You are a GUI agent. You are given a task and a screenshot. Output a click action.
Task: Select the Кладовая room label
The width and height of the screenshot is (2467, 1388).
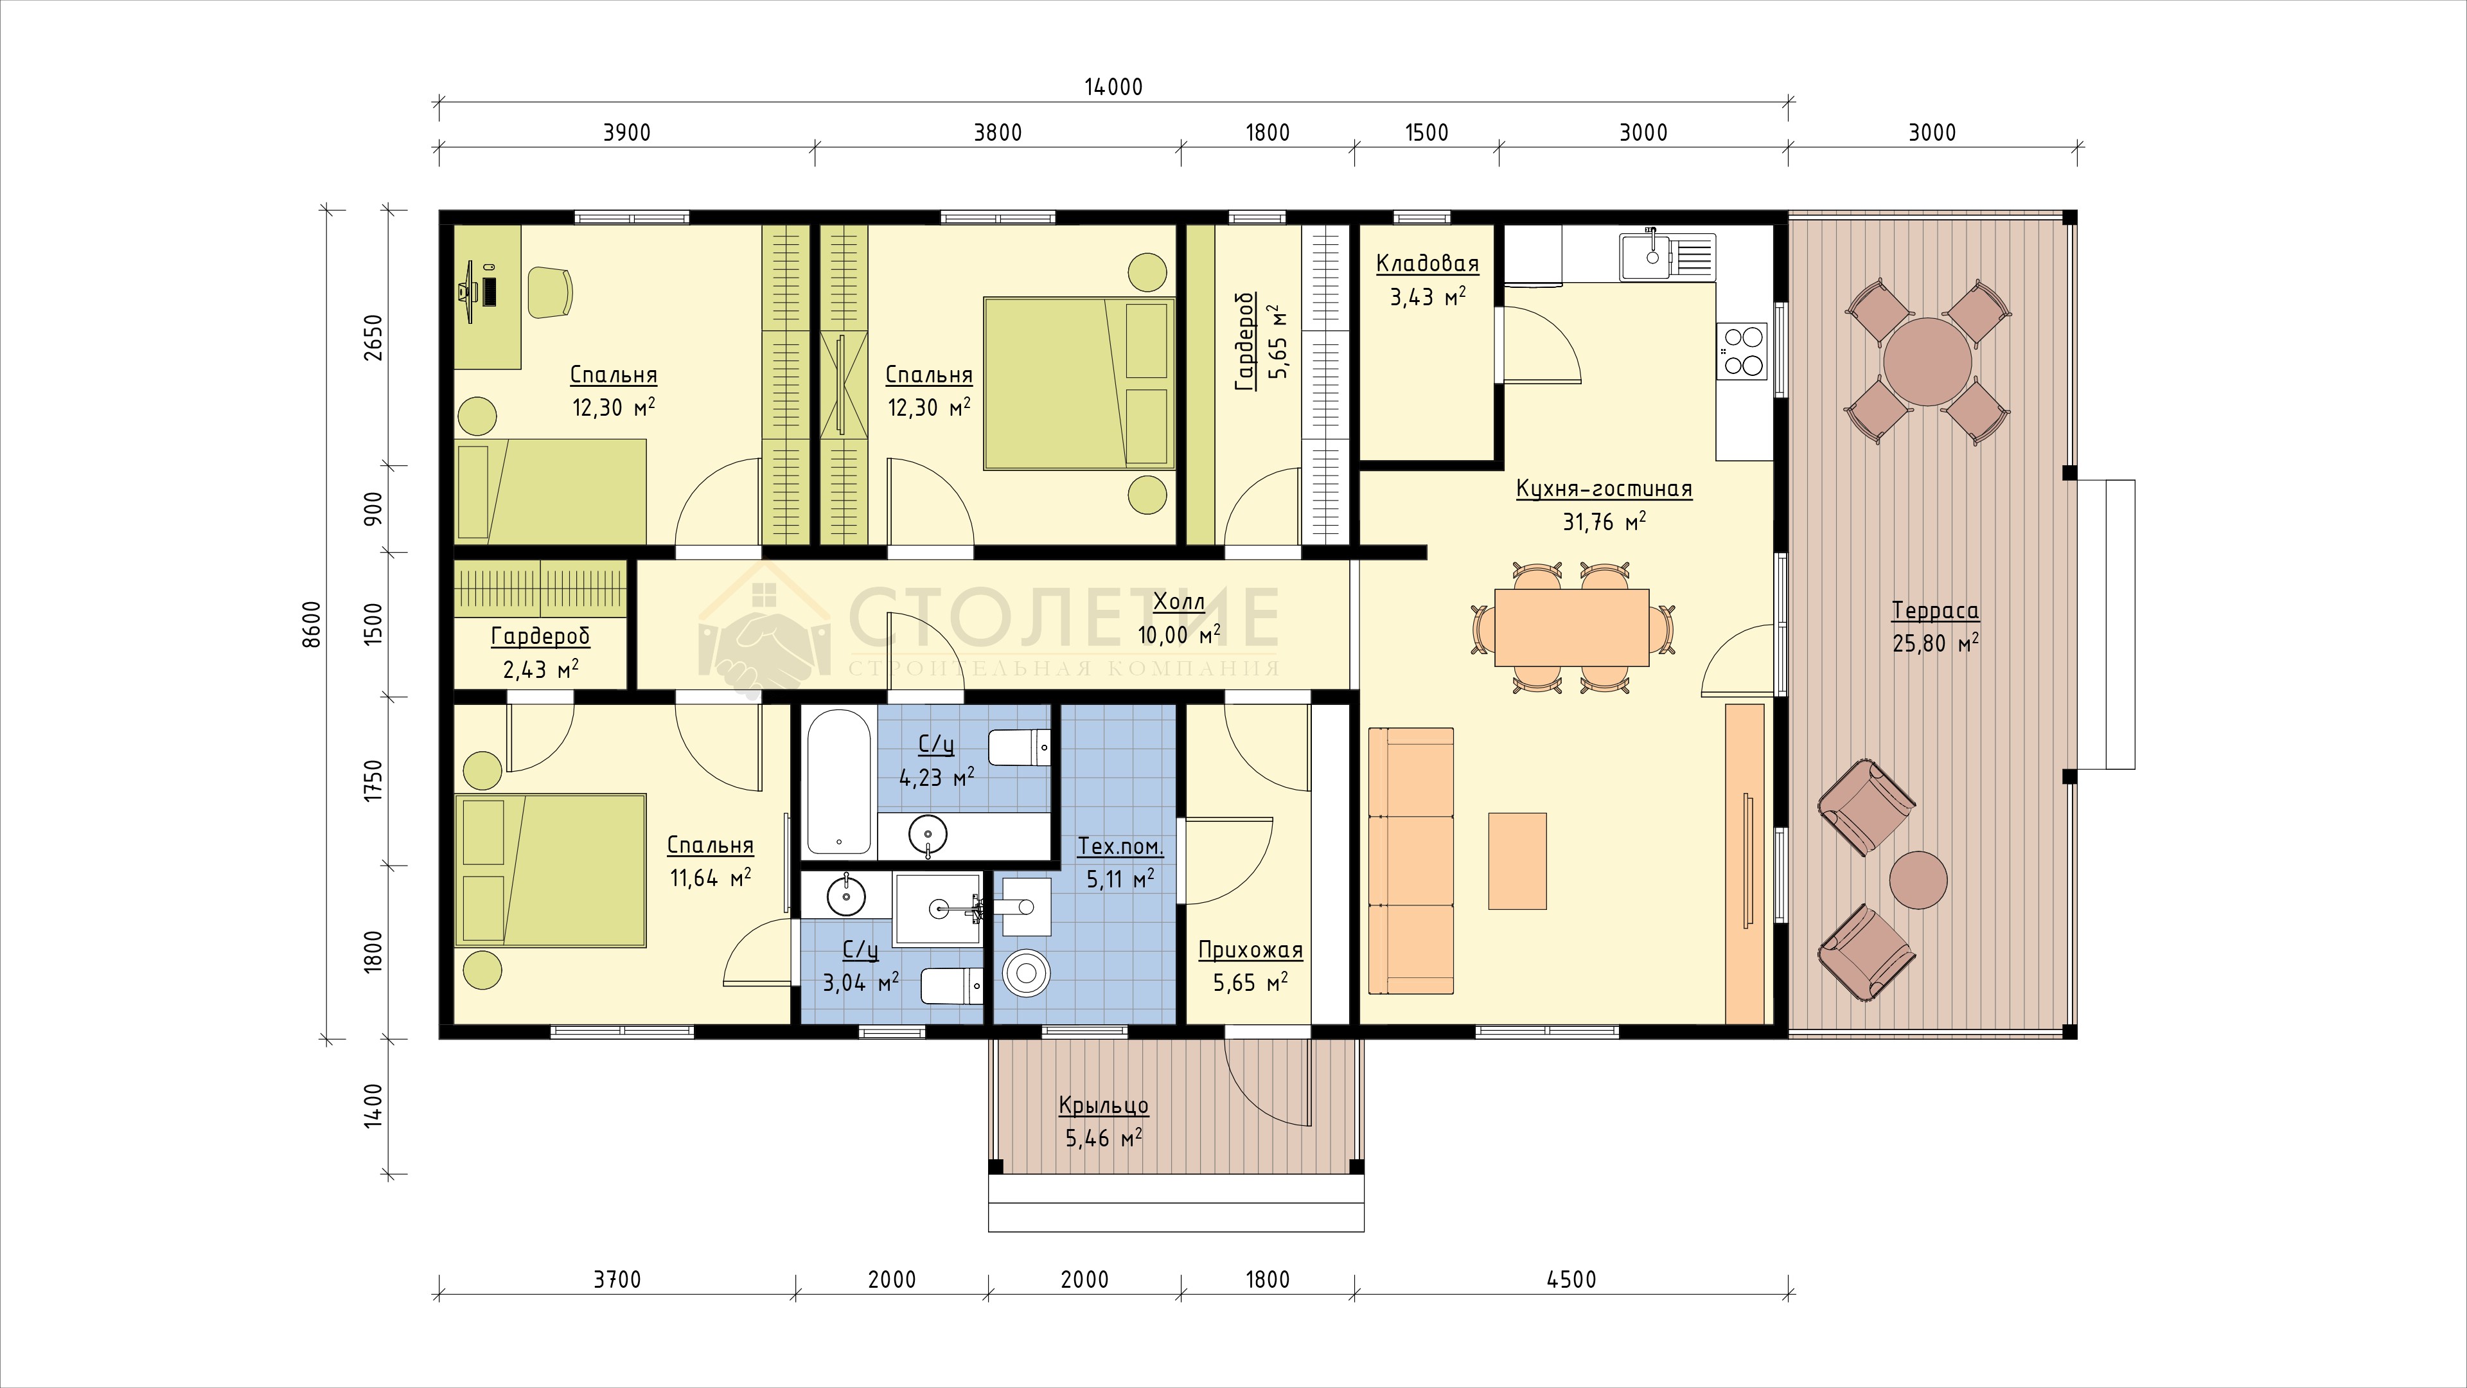(1427, 263)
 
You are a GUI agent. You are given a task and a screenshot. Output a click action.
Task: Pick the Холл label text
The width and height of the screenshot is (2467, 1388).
(1179, 601)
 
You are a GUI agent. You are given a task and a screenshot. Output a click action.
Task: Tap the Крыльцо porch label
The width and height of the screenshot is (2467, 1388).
(1103, 1105)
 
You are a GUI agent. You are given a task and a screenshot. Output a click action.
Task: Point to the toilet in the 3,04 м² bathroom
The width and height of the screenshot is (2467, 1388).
(952, 986)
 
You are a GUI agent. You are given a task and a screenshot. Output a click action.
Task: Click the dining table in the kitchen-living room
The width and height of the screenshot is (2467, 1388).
(1571, 627)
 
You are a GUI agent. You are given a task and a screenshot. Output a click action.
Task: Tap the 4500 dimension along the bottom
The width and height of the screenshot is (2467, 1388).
(1571, 1279)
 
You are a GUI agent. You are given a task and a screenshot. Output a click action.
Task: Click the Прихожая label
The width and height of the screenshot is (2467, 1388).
(1251, 950)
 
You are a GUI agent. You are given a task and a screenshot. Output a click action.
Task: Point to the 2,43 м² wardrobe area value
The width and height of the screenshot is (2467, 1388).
(540, 668)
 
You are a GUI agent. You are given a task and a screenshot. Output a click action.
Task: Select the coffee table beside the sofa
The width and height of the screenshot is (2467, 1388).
(1517, 860)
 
